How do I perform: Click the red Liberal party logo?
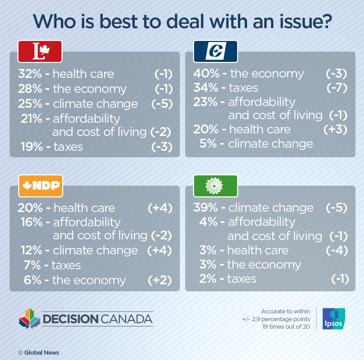click(x=40, y=52)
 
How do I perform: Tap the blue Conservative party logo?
click(x=215, y=52)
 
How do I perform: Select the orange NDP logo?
click(x=40, y=186)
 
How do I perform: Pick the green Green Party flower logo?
click(x=215, y=186)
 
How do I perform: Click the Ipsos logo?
click(x=333, y=318)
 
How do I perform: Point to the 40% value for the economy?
click(x=206, y=74)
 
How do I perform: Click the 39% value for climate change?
click(x=206, y=208)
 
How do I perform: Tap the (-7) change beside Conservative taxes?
click(x=336, y=88)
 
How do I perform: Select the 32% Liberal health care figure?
click(x=31, y=74)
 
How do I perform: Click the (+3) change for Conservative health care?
click(x=336, y=129)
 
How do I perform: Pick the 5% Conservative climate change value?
click(x=208, y=143)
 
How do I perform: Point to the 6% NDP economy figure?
click(x=33, y=280)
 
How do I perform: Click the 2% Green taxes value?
click(x=208, y=279)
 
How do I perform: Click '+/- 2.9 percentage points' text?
click(x=276, y=319)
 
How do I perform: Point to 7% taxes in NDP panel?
click(x=33, y=265)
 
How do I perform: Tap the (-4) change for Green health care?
click(x=336, y=250)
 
